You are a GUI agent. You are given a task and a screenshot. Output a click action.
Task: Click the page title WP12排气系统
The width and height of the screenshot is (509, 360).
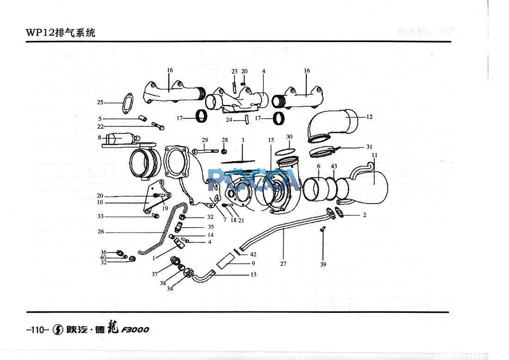pyautogui.click(x=61, y=33)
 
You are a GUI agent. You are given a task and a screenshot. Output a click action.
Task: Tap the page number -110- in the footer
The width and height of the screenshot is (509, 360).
pyautogui.click(x=37, y=330)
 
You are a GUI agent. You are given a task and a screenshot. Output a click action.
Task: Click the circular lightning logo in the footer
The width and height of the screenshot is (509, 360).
pyautogui.click(x=58, y=330)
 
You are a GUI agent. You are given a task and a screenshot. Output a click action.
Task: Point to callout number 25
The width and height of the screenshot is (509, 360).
pyautogui.click(x=100, y=102)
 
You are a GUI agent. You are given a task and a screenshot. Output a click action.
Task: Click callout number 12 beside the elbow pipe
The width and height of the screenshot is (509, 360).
pyautogui.click(x=369, y=117)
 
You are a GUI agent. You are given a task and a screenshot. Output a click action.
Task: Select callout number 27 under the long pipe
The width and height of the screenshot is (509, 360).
pyautogui.click(x=283, y=264)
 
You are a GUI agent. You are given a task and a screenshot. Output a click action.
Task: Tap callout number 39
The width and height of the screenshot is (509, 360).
pyautogui.click(x=323, y=265)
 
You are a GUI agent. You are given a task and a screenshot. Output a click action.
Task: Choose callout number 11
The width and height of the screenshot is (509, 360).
pyautogui.click(x=374, y=155)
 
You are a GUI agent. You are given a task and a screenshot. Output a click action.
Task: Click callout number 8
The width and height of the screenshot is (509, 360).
pyautogui.click(x=99, y=137)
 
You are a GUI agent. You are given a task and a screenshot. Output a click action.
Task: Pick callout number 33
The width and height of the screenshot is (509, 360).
pyautogui.click(x=100, y=216)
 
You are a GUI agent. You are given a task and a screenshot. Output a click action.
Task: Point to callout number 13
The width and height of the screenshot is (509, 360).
pyautogui.click(x=254, y=274)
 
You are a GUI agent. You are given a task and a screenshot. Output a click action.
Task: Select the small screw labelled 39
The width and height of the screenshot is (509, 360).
pyautogui.click(x=323, y=230)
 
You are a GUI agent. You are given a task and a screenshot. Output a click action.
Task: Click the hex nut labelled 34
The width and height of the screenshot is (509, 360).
pyautogui.click(x=187, y=273)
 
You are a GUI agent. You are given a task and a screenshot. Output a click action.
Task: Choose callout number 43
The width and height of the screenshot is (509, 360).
pyautogui.click(x=334, y=166)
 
